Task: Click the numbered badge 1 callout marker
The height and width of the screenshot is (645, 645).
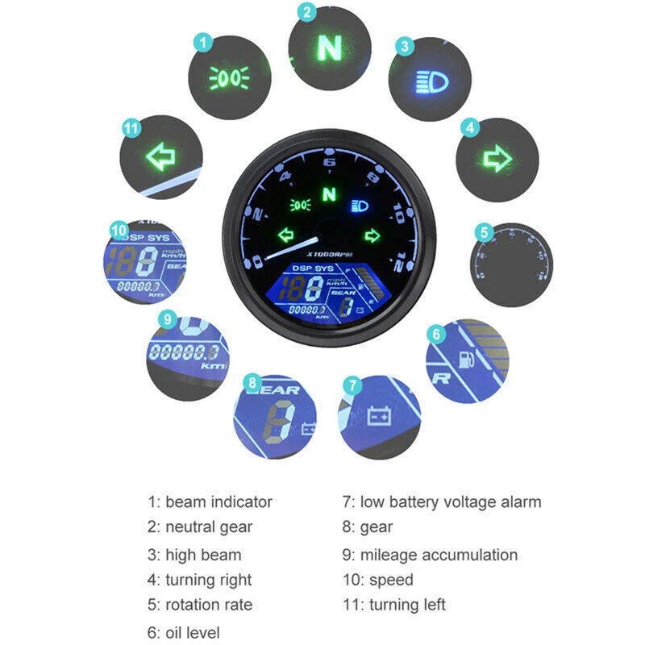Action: [x=204, y=40]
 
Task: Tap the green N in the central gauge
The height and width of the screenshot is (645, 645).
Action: [x=327, y=194]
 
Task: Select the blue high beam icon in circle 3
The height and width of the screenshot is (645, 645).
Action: [x=431, y=81]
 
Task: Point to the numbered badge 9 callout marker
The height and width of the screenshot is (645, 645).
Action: [x=167, y=318]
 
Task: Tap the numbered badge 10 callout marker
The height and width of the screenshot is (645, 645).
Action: [x=119, y=231]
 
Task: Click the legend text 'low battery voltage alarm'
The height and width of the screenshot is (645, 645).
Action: [x=451, y=501]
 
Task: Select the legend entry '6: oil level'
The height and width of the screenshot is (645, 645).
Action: [x=183, y=633]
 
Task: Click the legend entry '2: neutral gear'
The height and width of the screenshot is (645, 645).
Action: [x=200, y=527]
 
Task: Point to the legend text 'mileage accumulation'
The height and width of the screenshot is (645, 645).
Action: [x=439, y=555]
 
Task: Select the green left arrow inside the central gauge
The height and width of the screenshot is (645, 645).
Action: [x=285, y=235]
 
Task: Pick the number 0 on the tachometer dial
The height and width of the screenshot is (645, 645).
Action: [x=257, y=260]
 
